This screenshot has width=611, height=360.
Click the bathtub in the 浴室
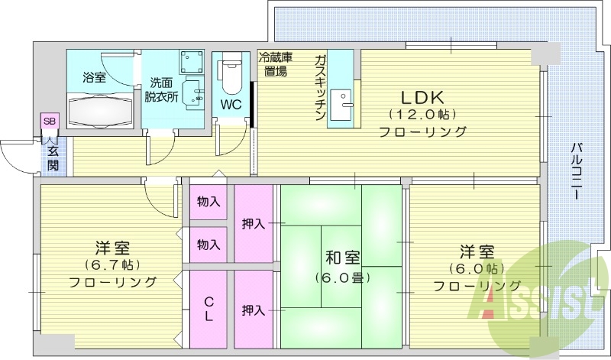point(100,110)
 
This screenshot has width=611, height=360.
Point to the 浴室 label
point(95,77)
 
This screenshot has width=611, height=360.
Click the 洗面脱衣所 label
point(162,89)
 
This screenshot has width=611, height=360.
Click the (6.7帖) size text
point(112,265)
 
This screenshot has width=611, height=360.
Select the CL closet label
point(209,309)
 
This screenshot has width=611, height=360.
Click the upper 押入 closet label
point(254,224)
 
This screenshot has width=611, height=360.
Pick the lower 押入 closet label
point(254,310)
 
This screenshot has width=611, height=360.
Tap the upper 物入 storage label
point(209,202)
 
